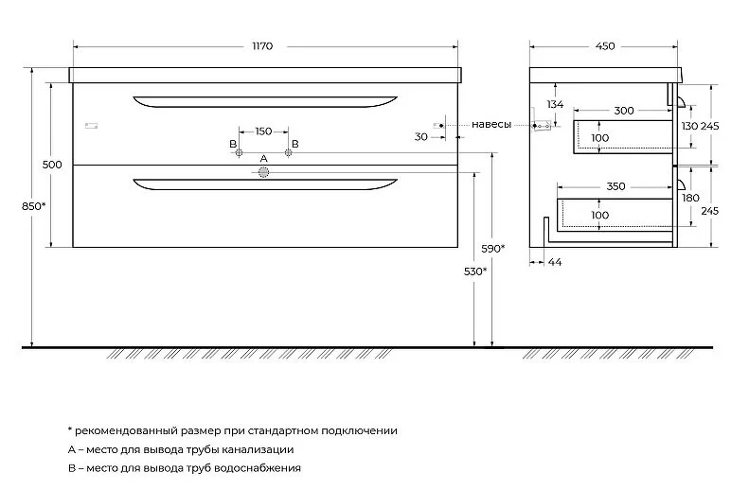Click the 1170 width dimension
262,46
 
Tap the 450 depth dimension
605,46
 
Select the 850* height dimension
34,206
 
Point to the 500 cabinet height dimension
52,165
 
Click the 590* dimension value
493,249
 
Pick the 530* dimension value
475,271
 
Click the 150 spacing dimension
263,131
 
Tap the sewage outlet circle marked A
263,172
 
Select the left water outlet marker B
240,152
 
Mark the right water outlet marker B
288,152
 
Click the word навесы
491,125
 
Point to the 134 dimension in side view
555,104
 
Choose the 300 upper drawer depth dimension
624,111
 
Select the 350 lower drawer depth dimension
615,186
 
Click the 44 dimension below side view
555,262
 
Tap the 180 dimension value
690,198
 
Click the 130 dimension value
689,126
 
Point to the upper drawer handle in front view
265,102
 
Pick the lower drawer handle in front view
265,184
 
